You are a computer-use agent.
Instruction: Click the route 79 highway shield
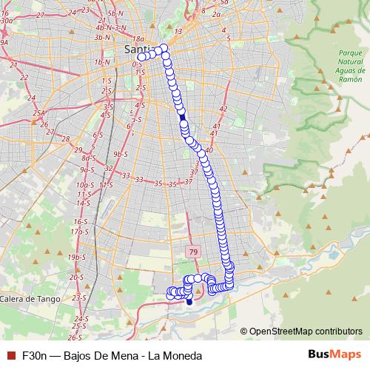pos(192,252)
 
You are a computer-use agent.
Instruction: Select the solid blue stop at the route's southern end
pos(189,301)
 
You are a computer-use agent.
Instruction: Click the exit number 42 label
pos(223,109)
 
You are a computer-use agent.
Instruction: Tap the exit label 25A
pos(38,112)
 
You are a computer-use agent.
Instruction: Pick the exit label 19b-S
pos(76,257)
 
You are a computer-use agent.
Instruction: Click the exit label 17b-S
pos(79,232)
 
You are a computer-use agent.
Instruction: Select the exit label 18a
pos(140,38)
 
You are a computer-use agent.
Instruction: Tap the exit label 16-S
pos(79,221)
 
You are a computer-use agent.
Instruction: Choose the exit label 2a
pos(217,14)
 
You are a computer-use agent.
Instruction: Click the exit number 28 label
pos(67,138)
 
